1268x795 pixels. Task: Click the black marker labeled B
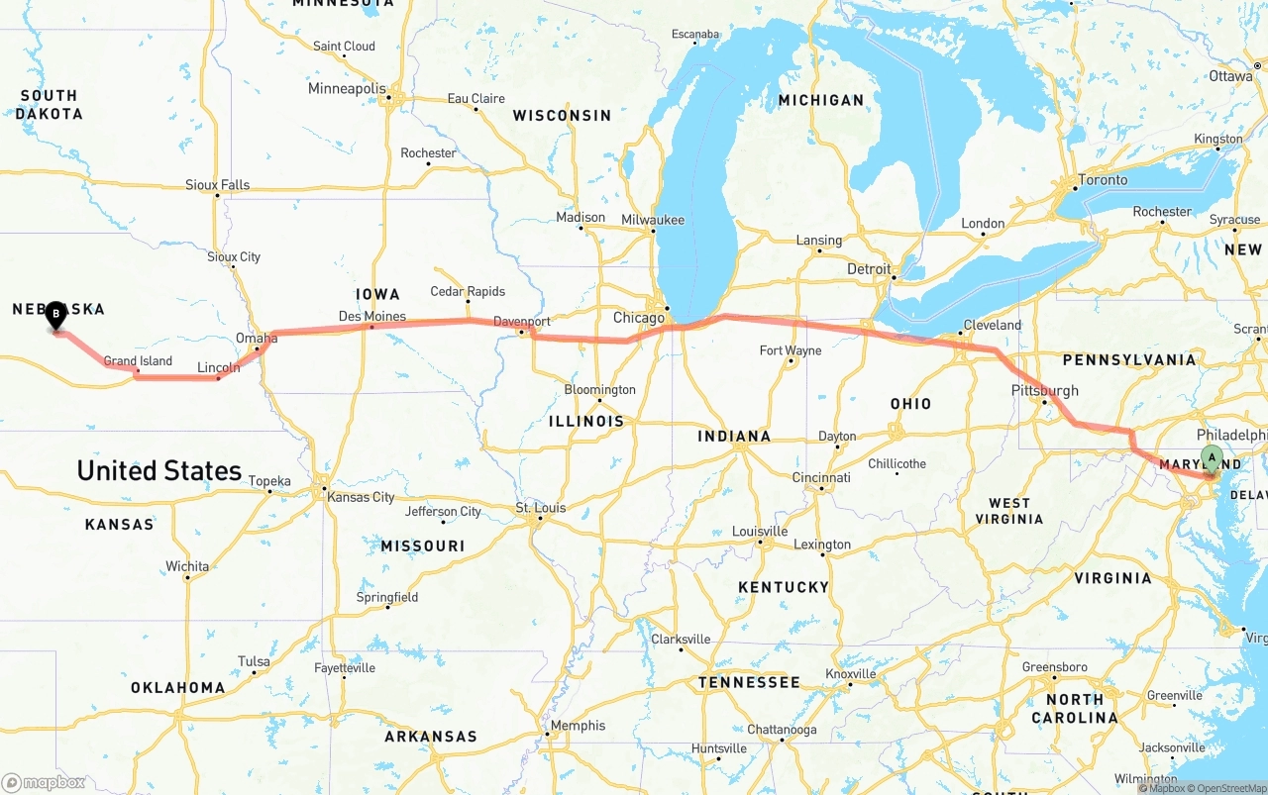pyautogui.click(x=56, y=316)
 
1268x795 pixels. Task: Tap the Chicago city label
pyautogui.click(x=639, y=318)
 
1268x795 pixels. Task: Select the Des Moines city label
pyautogui.click(x=371, y=317)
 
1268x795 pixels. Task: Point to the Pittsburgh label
pyautogui.click(x=1044, y=390)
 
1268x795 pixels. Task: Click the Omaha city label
pyautogui.click(x=257, y=339)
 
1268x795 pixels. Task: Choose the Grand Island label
pyautogui.click(x=138, y=361)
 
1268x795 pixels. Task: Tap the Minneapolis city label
pyautogui.click(x=347, y=88)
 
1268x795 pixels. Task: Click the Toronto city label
pyautogui.click(x=1103, y=180)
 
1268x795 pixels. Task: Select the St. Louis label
pyautogui.click(x=541, y=508)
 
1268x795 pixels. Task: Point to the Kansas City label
pyautogui.click(x=364, y=497)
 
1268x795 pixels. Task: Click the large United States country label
pyautogui.click(x=159, y=470)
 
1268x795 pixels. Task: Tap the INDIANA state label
pyautogui.click(x=734, y=437)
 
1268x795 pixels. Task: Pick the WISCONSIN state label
pyautogui.click(x=562, y=116)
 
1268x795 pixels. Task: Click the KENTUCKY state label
pyautogui.click(x=783, y=587)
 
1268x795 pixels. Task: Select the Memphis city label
pyautogui.click(x=578, y=726)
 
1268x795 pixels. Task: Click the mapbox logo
pyautogui.click(x=45, y=782)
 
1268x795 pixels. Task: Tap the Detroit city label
pyautogui.click(x=869, y=269)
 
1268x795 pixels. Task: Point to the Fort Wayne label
pyautogui.click(x=790, y=350)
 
